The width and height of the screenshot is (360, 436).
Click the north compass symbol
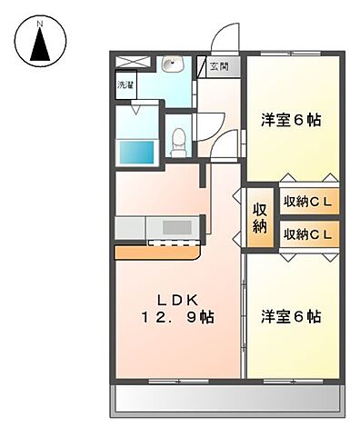[x=39, y=40]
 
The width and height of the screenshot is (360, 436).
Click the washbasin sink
[x=172, y=64]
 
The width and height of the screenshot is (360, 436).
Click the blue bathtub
[x=135, y=152]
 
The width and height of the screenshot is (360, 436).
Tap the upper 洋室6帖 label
[x=291, y=119]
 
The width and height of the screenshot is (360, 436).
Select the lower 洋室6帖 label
[x=291, y=316]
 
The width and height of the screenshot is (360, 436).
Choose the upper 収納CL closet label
[x=310, y=201]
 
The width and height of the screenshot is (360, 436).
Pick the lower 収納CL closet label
[x=310, y=234]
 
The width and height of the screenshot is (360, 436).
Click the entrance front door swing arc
[x=222, y=40]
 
